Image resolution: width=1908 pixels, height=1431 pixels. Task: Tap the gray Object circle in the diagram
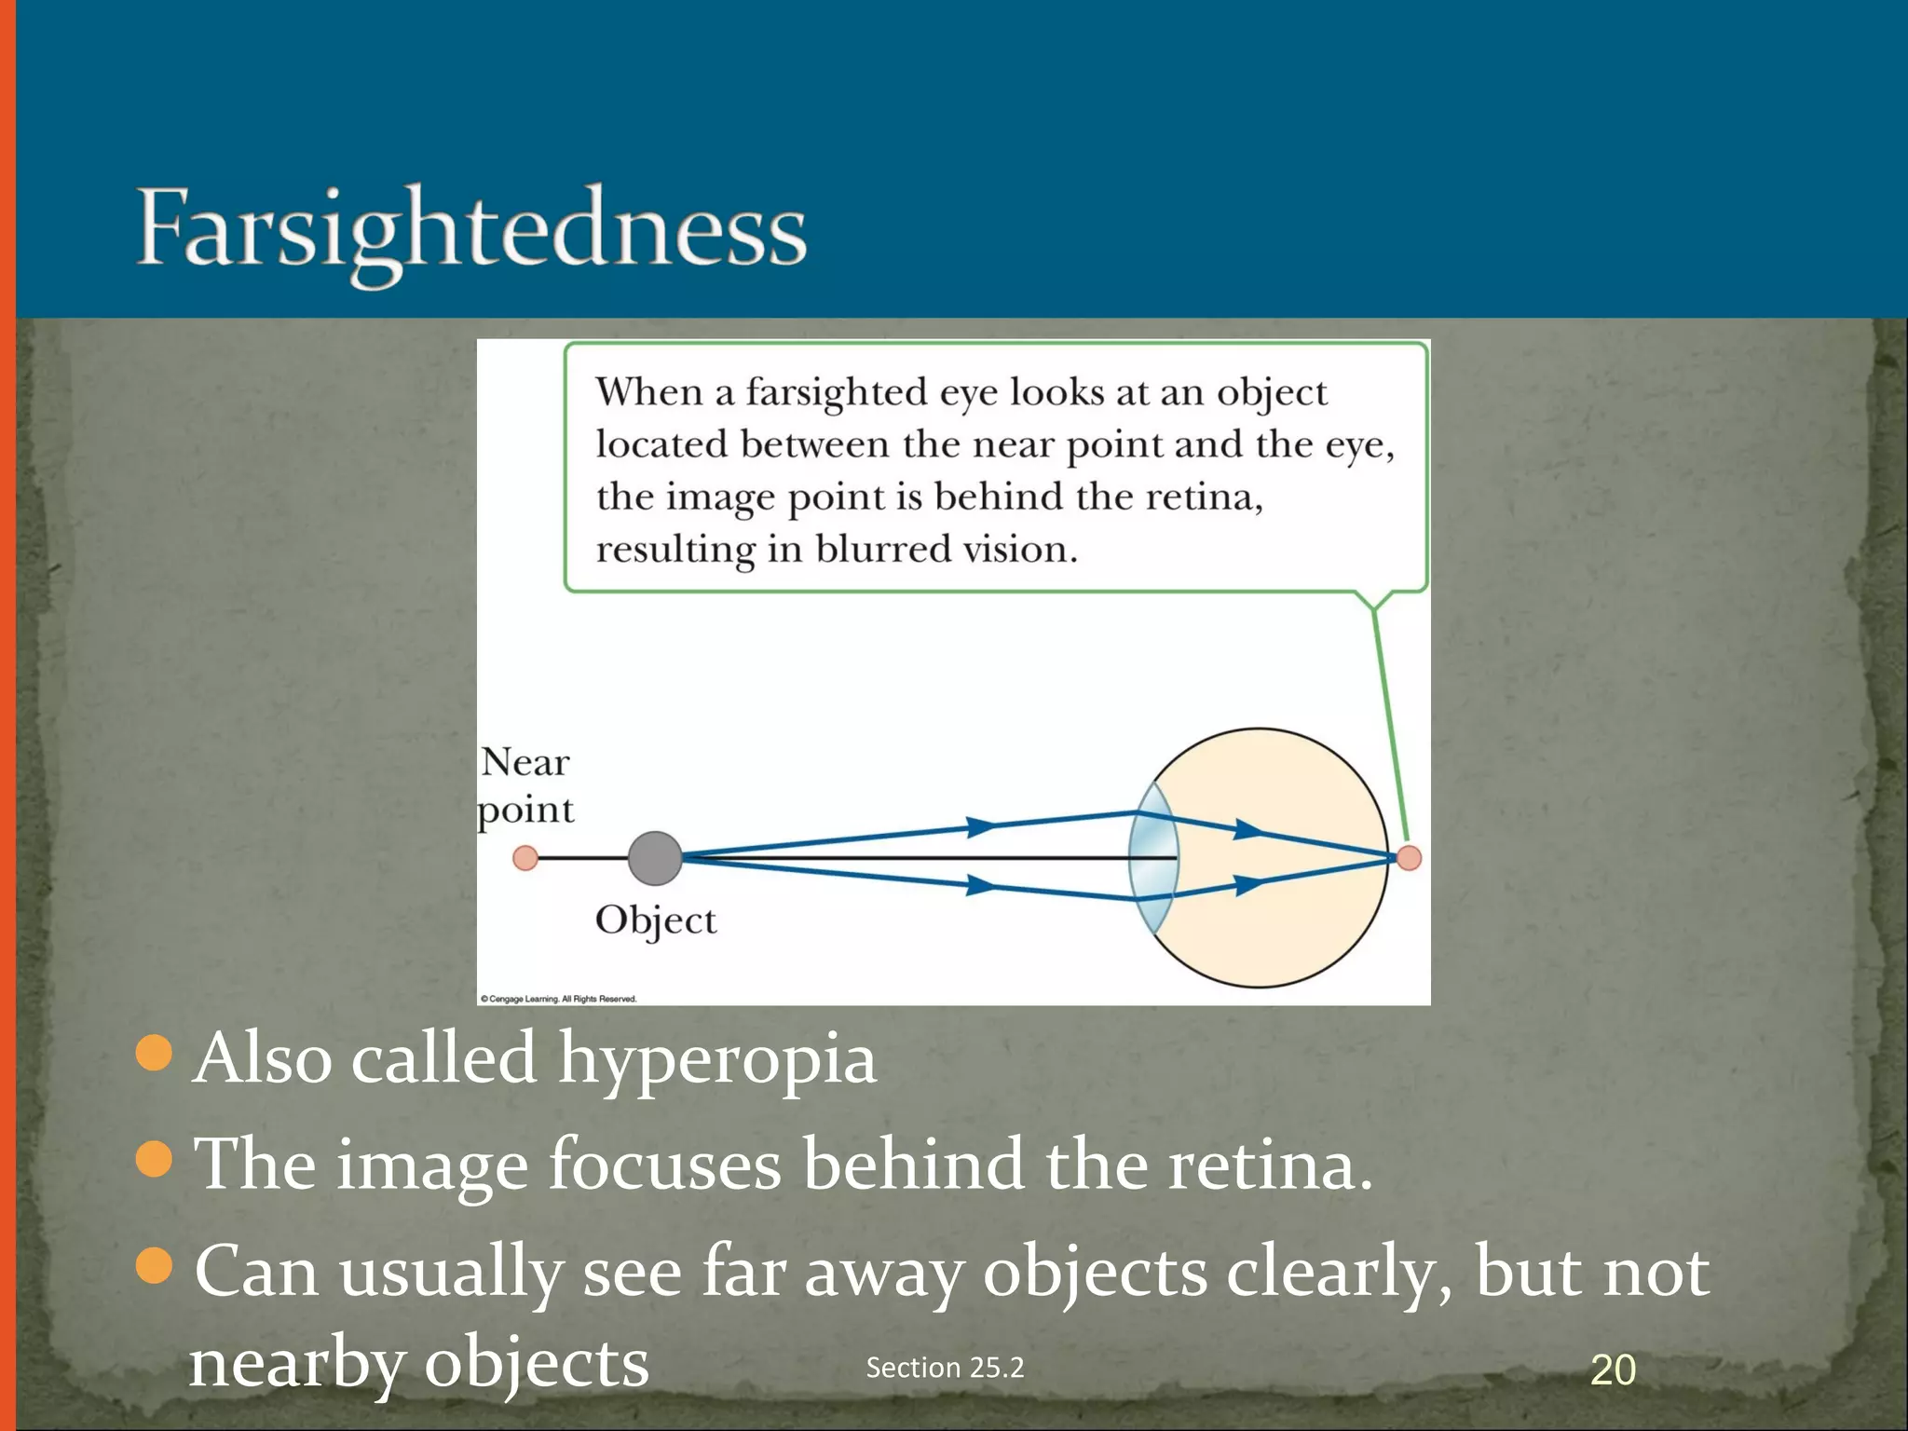tap(655, 858)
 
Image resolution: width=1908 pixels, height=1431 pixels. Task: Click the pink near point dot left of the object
tap(525, 858)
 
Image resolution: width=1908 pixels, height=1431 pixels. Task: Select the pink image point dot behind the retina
tap(1409, 858)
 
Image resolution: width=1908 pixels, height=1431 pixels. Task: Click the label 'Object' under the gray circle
tap(655, 920)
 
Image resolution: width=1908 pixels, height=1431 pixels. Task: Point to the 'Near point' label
tap(525, 785)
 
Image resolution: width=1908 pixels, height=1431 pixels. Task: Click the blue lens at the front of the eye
tap(1153, 858)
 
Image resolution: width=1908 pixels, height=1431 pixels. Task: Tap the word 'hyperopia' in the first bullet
tap(717, 1060)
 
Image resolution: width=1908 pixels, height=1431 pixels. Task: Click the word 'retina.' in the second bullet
tap(1271, 1165)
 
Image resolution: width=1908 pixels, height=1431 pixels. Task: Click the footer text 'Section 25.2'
tap(945, 1368)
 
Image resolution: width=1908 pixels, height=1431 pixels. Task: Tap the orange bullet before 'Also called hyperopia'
tap(155, 1054)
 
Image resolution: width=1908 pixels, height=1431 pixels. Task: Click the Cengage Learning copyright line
tap(558, 999)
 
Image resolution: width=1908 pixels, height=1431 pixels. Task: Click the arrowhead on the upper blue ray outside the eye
tap(980, 826)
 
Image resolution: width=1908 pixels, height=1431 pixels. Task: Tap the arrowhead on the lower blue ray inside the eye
tap(1248, 884)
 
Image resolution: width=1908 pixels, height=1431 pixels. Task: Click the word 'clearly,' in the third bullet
tap(1340, 1273)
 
